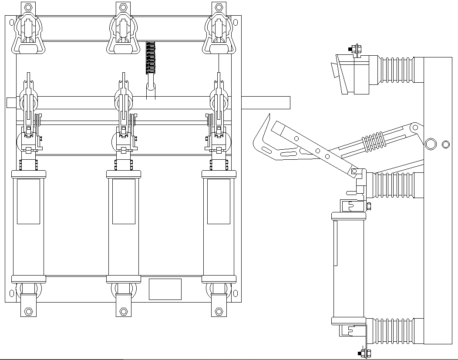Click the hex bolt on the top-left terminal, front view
coord(29,7)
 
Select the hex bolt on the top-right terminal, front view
coord(219,7)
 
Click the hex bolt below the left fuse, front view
coord(29,311)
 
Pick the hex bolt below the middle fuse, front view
coord(124,311)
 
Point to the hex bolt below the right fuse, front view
coord(219,311)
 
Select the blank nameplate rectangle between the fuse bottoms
coord(165,289)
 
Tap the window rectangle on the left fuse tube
coord(28,201)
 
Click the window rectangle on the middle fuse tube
coord(124,201)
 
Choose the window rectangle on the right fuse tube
coord(219,201)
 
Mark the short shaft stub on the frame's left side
coord(11,103)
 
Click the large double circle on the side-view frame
coord(431,144)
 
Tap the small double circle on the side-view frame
coord(445,144)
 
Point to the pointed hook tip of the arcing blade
coord(269,114)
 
